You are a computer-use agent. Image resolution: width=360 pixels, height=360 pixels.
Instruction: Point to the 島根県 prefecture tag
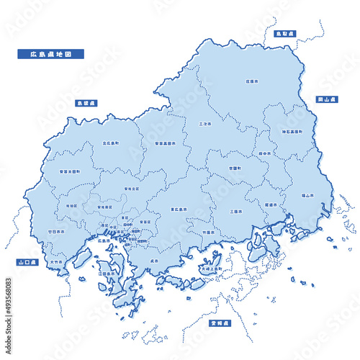(91, 103)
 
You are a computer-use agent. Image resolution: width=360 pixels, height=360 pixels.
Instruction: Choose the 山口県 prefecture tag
(28, 263)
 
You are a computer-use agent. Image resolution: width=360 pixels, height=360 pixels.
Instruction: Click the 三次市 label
(205, 124)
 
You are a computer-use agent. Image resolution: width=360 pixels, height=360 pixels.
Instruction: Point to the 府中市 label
(265, 153)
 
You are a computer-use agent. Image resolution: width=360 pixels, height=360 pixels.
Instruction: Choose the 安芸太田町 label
(70, 171)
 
